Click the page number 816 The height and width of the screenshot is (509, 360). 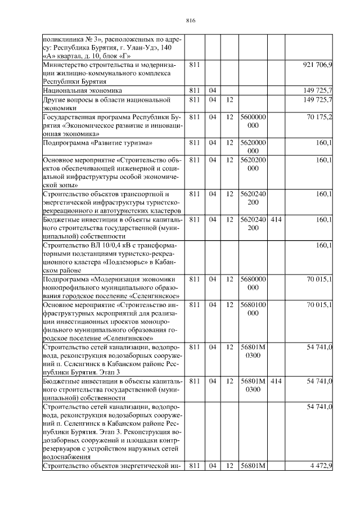coord(190,21)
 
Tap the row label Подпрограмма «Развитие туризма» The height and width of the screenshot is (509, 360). coord(90,142)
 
